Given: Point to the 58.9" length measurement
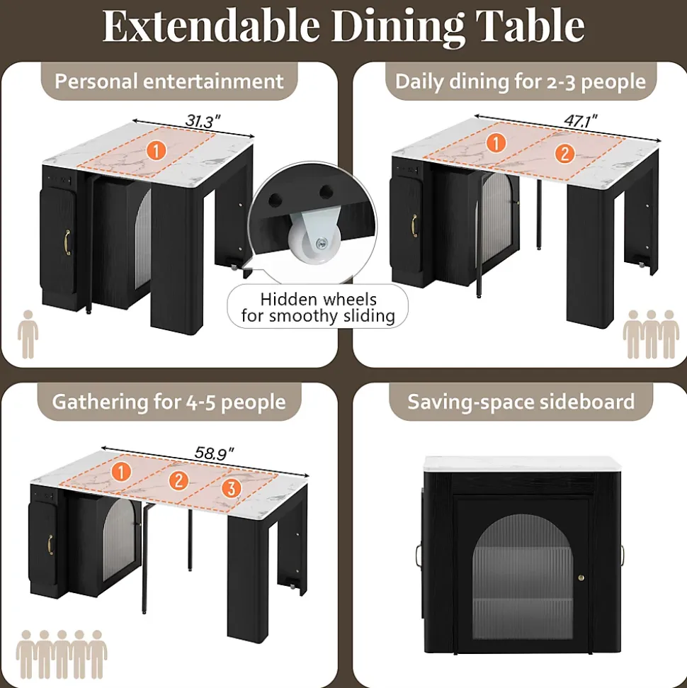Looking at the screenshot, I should click(x=215, y=453).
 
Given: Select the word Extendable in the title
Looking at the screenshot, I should click(x=210, y=26).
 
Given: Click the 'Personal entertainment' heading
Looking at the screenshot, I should click(x=169, y=81).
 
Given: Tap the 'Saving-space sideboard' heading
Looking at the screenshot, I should click(x=521, y=402).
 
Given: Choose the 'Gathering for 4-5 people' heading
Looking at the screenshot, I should click(x=169, y=402).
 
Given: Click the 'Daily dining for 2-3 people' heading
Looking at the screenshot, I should click(x=521, y=81).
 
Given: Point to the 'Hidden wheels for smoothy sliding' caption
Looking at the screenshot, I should click(x=317, y=308).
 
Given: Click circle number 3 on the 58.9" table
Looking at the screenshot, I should click(x=229, y=488).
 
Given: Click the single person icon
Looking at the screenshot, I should click(x=28, y=334).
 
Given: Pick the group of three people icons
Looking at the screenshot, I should click(x=650, y=334).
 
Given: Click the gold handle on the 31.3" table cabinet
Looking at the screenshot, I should click(x=68, y=241).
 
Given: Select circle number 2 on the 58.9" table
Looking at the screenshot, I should click(x=178, y=480).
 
